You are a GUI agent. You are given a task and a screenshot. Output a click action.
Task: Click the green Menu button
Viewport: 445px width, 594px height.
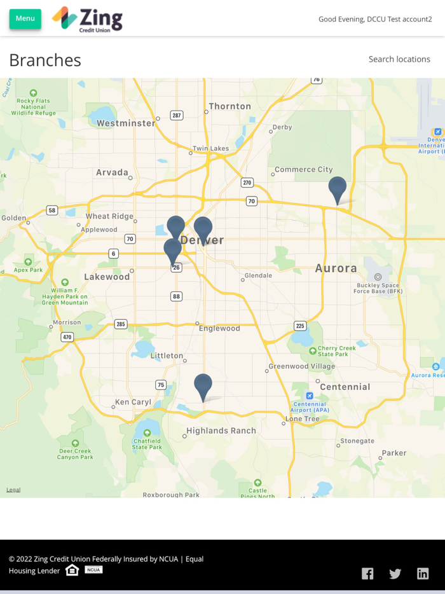point(25,18)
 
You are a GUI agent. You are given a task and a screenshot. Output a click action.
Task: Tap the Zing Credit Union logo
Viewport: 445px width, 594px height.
point(87,19)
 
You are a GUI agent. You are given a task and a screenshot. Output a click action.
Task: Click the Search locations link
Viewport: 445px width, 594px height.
point(399,59)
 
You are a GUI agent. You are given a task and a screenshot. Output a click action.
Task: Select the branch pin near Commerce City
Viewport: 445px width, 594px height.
point(338,189)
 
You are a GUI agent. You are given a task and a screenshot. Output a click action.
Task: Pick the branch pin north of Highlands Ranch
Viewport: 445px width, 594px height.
point(203,386)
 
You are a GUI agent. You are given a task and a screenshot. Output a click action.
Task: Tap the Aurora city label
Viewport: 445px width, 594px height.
point(336,268)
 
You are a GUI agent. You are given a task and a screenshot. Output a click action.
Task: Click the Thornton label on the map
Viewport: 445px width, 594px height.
point(229,106)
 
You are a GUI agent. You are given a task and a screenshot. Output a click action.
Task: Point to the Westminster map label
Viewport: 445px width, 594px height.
point(126,123)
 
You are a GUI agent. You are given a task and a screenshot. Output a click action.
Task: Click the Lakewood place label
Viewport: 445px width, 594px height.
point(107,277)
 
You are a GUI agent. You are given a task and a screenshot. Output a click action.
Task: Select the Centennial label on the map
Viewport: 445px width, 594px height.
point(345,387)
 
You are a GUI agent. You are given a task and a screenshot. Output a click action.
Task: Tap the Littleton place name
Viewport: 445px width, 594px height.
point(167,356)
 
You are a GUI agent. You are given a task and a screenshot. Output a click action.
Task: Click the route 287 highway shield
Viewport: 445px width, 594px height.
point(177,115)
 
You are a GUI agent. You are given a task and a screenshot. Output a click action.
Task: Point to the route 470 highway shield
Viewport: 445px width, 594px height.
point(67,337)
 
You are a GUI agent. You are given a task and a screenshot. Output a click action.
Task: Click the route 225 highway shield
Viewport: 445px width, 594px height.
point(300,326)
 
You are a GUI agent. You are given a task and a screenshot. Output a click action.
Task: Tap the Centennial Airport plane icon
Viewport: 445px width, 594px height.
point(310,396)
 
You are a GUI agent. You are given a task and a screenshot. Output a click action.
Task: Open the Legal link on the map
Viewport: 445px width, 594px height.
point(13,490)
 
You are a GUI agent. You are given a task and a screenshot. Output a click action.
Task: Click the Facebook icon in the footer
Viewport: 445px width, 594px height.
point(367,574)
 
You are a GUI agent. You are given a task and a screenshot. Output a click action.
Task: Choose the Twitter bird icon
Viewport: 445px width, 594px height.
point(395,574)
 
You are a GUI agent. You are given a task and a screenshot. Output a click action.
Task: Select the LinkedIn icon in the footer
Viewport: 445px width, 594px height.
point(423,574)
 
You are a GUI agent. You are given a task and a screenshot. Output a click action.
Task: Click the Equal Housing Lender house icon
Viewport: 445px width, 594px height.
point(72,570)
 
